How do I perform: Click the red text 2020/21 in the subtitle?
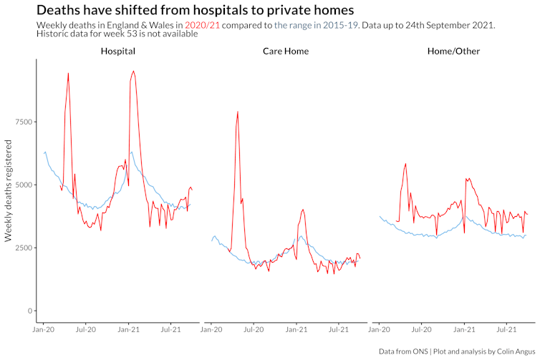tap(203, 25)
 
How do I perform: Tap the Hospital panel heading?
tap(118, 52)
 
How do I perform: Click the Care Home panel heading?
tap(286, 52)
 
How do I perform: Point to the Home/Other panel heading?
tap(453, 52)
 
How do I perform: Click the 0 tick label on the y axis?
tap(29, 311)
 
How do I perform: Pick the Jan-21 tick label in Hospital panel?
tap(129, 330)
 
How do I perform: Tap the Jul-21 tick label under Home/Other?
tap(507, 330)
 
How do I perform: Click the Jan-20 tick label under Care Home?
tap(211, 330)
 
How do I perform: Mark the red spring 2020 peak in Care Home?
tap(237, 112)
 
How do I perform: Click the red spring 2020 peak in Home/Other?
tap(405, 164)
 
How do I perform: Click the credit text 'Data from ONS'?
tap(409, 351)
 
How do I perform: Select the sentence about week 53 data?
tap(117, 34)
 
